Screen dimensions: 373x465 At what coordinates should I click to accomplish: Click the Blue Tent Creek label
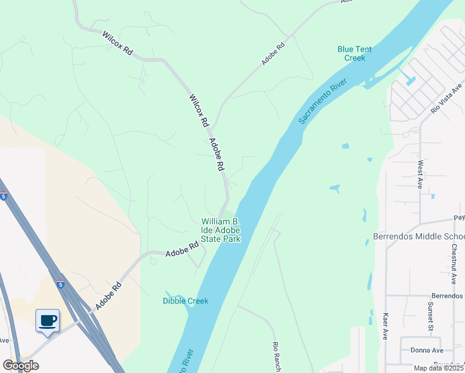[x=351, y=53]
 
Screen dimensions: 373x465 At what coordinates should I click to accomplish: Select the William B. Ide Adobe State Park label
[x=220, y=230]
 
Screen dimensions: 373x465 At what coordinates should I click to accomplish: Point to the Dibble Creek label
[x=185, y=301]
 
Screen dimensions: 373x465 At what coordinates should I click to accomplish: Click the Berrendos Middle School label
[x=418, y=237]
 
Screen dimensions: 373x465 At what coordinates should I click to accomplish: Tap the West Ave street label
[x=421, y=175]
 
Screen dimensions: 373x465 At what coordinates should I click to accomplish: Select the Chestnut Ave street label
[x=454, y=262]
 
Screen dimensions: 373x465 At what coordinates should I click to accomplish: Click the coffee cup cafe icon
[x=47, y=321]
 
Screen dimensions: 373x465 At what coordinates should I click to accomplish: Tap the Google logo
[x=21, y=366]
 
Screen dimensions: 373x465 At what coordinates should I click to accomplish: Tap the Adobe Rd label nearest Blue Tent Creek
[x=274, y=53]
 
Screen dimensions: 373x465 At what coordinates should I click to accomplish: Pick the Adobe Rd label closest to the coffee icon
[x=108, y=295]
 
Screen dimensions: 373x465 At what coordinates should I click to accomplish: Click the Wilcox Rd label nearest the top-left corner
[x=117, y=44]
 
